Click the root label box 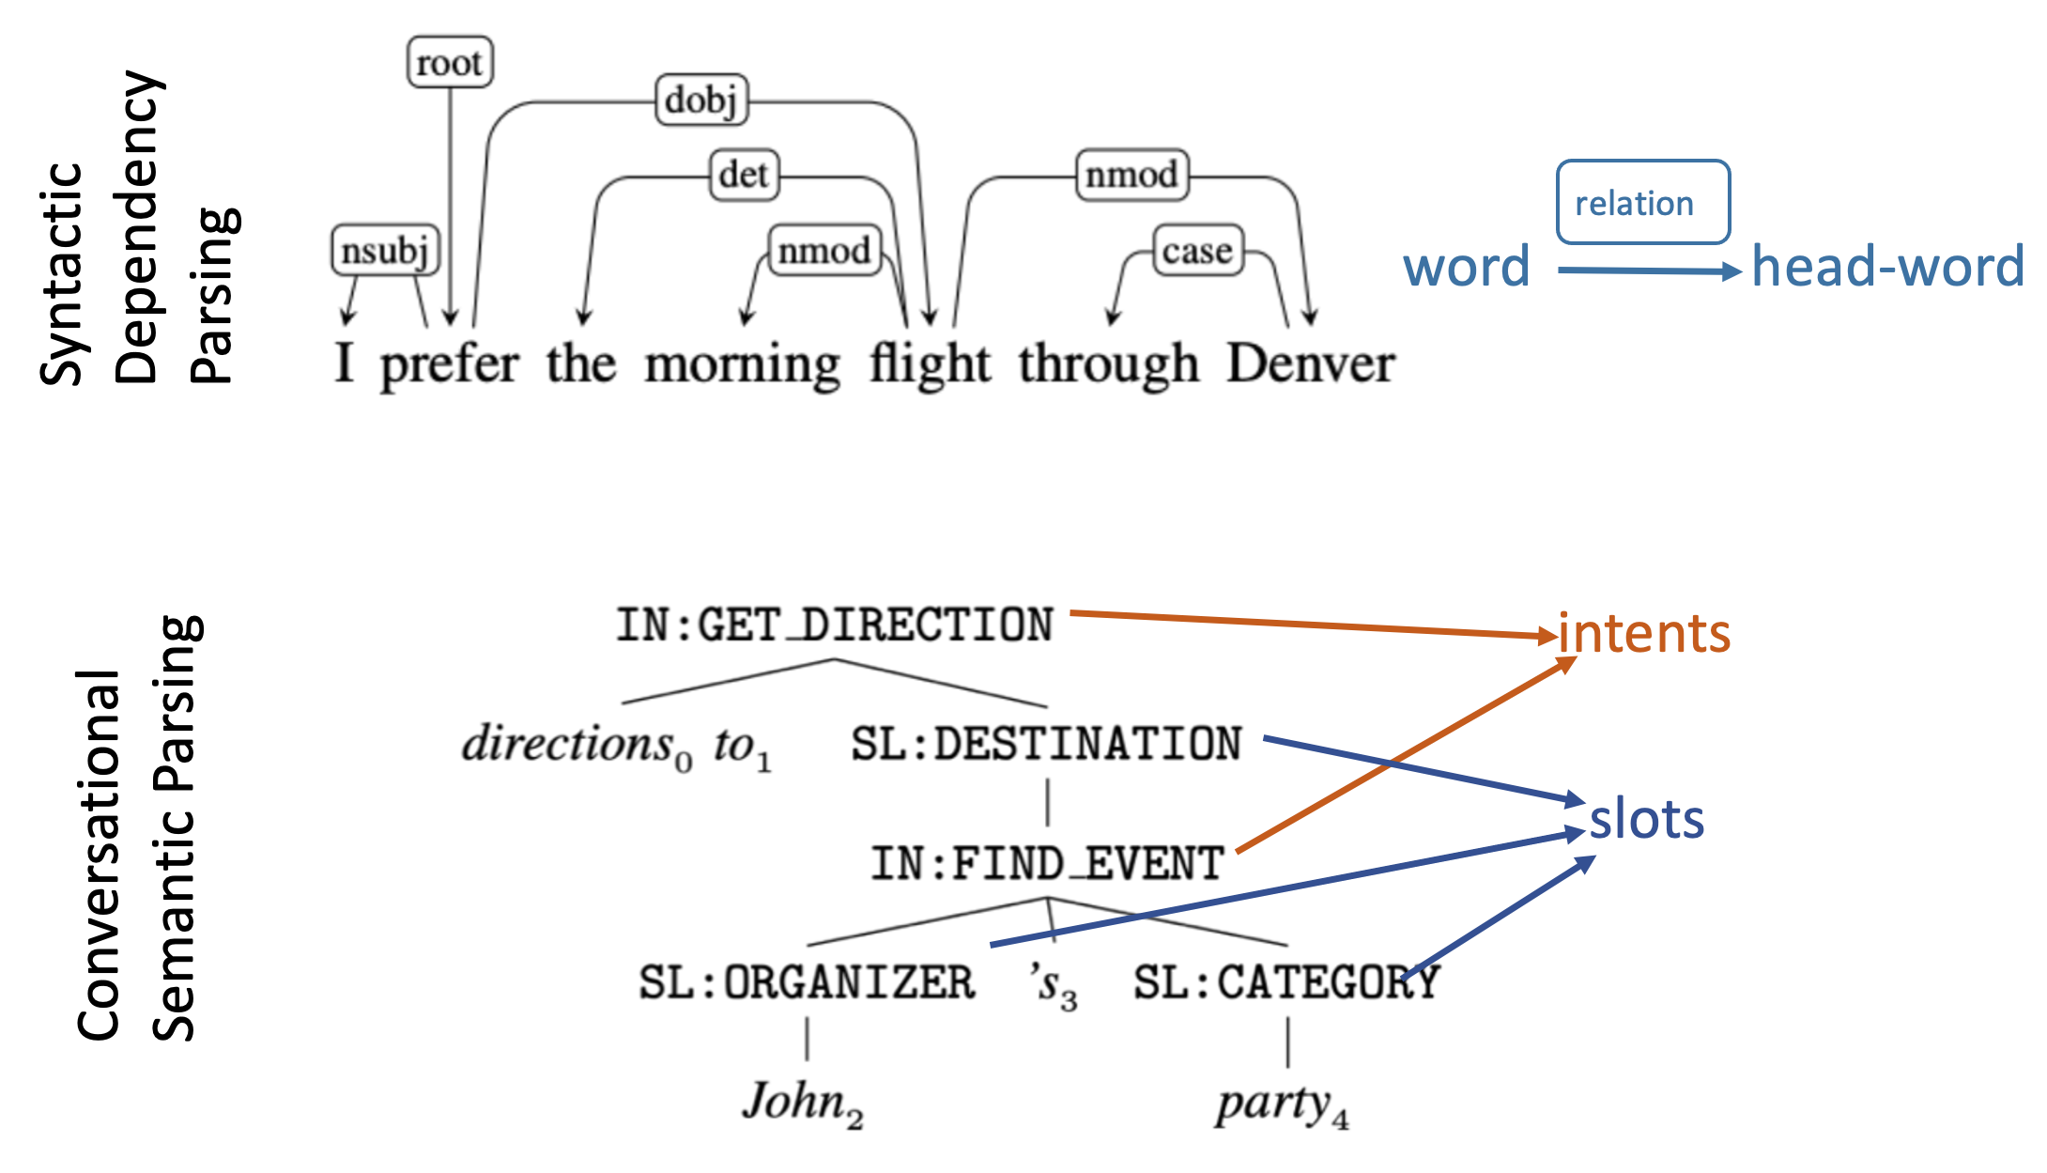[x=450, y=63]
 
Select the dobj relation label [x=701, y=100]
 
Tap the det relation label [x=744, y=175]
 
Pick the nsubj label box [x=385, y=251]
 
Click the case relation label [x=1197, y=251]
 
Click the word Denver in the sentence [x=1311, y=363]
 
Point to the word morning [x=742, y=365]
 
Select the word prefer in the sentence [x=449, y=365]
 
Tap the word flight [x=929, y=363]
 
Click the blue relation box [x=1642, y=203]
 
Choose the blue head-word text [x=1887, y=267]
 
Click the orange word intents [x=1644, y=633]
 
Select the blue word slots [x=1646, y=819]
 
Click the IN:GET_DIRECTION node [x=834, y=625]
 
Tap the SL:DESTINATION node [x=1046, y=745]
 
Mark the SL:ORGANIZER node [x=807, y=983]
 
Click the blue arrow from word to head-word [x=1648, y=271]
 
